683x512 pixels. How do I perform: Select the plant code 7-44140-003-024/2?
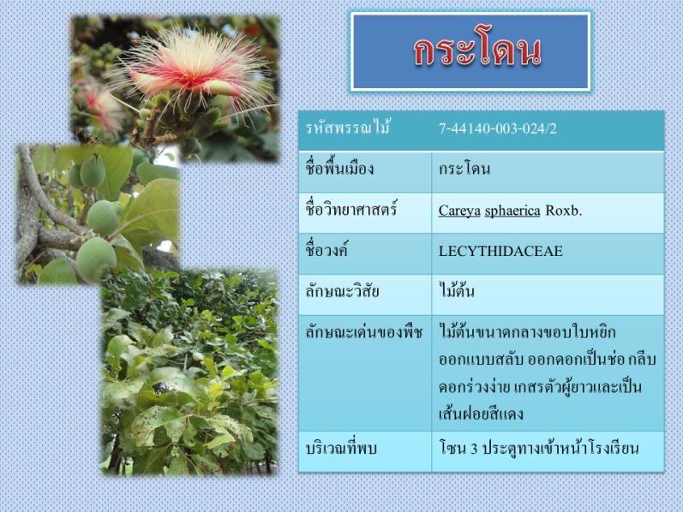click(x=497, y=129)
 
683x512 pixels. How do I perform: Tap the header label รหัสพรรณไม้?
click(x=347, y=128)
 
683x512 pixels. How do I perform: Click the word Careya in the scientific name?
click(x=459, y=211)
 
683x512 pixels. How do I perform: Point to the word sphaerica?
click(x=512, y=211)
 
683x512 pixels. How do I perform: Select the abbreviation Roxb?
click(x=564, y=211)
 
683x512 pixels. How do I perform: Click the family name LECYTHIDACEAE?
click(x=500, y=251)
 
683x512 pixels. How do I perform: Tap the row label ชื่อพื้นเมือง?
click(x=339, y=168)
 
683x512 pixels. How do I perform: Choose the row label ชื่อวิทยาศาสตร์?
click(x=351, y=210)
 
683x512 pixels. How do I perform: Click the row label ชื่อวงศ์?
click(x=327, y=250)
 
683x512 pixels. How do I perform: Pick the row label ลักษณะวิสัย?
click(x=342, y=291)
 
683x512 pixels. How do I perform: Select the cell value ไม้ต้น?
click(x=457, y=290)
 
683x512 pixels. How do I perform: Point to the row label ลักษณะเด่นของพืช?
click(x=363, y=332)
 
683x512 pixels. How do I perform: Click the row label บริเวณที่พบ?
click(x=340, y=448)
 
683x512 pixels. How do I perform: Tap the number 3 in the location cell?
click(x=475, y=449)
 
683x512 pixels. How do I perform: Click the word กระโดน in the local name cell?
click(x=464, y=169)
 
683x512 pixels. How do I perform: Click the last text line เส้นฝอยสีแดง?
click(x=481, y=414)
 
